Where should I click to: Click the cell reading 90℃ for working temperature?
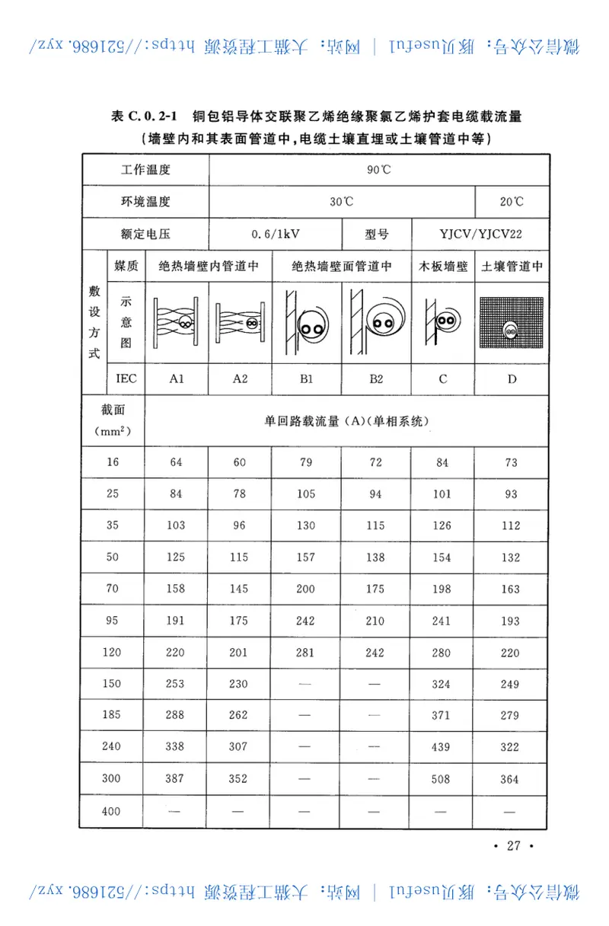[x=378, y=170]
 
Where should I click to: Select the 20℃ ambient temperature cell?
[x=512, y=202]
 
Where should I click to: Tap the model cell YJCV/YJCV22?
[x=480, y=234]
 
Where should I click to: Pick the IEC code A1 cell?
[x=176, y=378]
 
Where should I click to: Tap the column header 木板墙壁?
[x=443, y=267]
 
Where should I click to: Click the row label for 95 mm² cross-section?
[x=112, y=621]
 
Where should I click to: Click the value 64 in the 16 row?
[x=176, y=462]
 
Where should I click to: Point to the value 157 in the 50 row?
[x=305, y=557]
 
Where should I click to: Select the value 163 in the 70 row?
[x=511, y=589]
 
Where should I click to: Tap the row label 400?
[x=112, y=811]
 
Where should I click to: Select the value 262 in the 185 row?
[x=239, y=716]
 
